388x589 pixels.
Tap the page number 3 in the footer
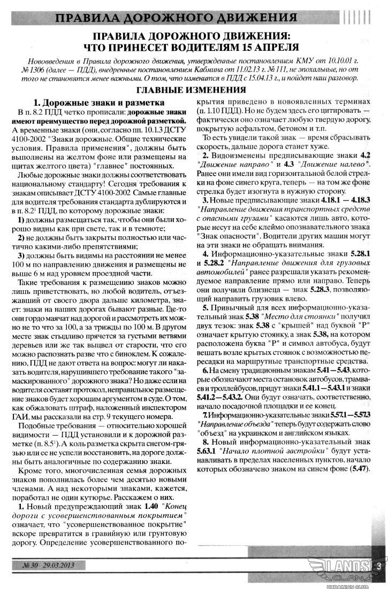(x=378, y=564)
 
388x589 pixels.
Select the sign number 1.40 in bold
(x=151, y=505)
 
